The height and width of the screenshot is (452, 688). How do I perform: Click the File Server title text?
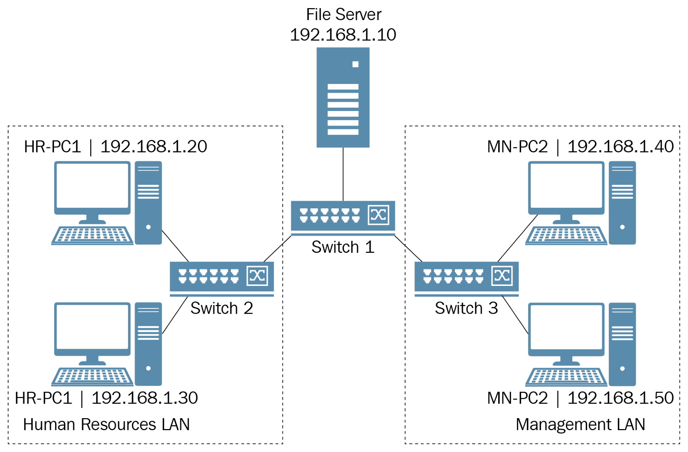(344, 15)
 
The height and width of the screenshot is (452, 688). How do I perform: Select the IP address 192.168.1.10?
(343, 35)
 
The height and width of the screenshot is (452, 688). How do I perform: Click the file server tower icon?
(343, 97)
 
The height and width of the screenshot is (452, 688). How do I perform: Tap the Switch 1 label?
(343, 247)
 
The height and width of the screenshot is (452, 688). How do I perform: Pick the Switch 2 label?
(222, 308)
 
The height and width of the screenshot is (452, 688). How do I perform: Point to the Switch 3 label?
(466, 308)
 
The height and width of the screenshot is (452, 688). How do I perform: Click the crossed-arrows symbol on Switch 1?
(379, 215)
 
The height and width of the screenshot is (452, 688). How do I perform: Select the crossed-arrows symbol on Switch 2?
(257, 276)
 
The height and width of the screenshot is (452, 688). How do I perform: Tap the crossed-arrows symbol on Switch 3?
(502, 276)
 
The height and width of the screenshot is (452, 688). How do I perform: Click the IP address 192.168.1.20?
(154, 147)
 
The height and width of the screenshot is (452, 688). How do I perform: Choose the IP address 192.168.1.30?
(145, 398)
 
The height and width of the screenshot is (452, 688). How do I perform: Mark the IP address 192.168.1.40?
(621, 147)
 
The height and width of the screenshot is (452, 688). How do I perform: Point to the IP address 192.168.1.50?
(621, 398)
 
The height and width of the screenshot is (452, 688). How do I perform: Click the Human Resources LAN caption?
(106, 424)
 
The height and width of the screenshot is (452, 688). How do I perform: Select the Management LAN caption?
(580, 424)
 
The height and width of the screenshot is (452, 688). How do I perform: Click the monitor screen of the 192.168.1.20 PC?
(92, 186)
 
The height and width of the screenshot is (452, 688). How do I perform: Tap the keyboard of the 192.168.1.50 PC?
(566, 377)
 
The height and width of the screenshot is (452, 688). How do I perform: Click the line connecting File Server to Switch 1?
(343, 174)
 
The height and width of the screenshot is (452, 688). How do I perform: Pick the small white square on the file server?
(355, 64)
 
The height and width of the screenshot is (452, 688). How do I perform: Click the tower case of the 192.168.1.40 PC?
(622, 203)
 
